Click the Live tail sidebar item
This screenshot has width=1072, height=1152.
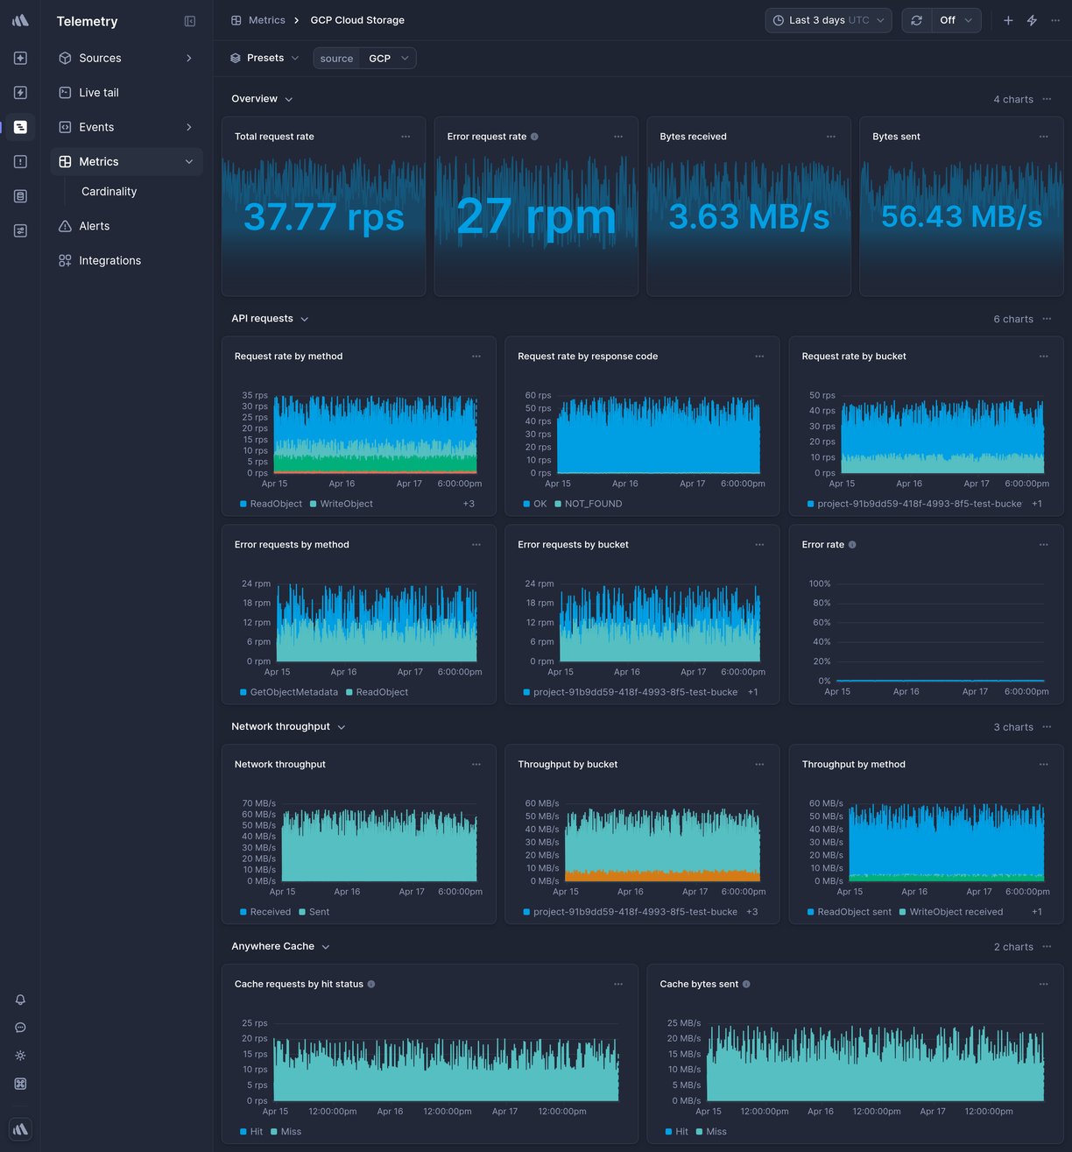[98, 92]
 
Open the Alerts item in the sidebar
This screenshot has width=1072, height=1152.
[94, 226]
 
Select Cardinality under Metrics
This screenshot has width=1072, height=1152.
[109, 191]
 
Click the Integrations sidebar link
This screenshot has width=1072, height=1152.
[109, 260]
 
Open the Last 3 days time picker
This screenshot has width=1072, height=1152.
[828, 20]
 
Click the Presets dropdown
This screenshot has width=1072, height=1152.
[264, 58]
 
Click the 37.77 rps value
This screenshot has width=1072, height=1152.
[323, 216]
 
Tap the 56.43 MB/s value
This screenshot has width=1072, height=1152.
[961, 216]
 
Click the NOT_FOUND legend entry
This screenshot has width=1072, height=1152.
[593, 504]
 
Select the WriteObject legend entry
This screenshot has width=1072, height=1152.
[346, 504]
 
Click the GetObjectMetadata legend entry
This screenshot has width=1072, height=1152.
[293, 692]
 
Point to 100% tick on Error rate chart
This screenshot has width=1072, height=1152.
[820, 583]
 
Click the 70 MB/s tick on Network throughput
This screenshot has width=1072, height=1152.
[258, 803]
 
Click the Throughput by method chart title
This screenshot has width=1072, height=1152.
[853, 765]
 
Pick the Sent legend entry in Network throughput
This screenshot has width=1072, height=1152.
[319, 912]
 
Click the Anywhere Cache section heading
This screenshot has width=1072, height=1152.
[272, 946]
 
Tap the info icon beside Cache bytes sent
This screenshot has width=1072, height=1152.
[746, 984]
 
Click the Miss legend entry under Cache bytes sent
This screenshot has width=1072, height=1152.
[716, 1132]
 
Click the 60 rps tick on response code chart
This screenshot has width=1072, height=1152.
[538, 395]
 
